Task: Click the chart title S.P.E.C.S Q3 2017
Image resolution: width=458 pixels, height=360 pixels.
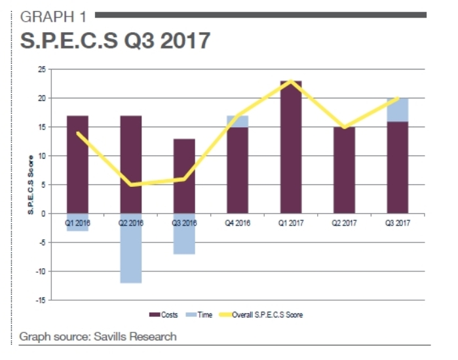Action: pos(115,41)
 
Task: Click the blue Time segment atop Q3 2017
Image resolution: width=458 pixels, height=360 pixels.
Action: pos(398,110)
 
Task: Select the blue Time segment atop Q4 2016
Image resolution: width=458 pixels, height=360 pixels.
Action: pos(238,121)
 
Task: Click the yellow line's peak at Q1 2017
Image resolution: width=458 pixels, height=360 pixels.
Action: pos(291,81)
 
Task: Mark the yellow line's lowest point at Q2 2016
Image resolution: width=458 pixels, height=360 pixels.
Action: pos(131,184)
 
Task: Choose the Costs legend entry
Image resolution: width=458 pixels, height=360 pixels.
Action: pos(165,315)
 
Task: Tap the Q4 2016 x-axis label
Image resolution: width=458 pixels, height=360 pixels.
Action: pos(238,224)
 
